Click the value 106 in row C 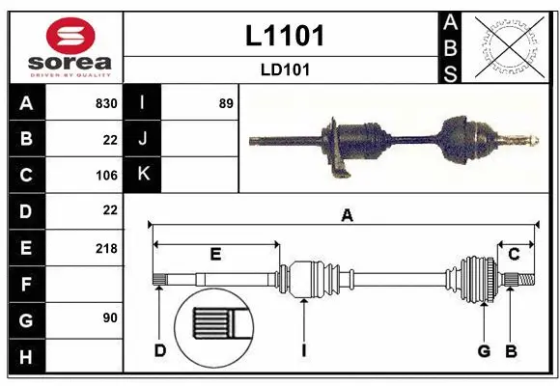tap(105, 176)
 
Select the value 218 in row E tap(105, 248)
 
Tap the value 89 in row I tap(226, 103)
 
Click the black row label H tap(26, 357)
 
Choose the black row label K tap(143, 176)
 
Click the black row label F tap(26, 285)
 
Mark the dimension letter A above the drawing tap(347, 216)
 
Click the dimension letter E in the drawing tap(215, 254)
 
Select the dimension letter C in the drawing tap(514, 254)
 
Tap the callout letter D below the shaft tap(160, 350)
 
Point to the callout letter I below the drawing tap(303, 350)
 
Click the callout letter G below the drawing tap(484, 350)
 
